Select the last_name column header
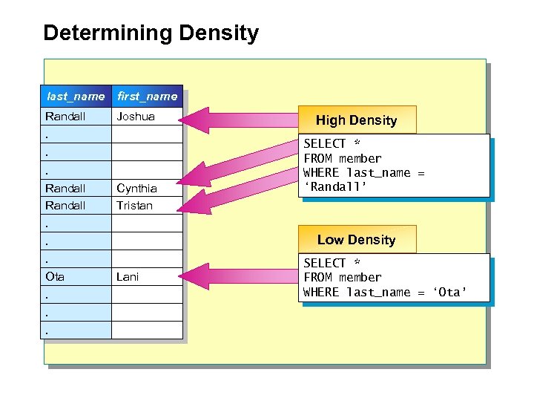pos(76,97)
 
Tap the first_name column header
pos(147,97)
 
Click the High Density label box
pos(356,120)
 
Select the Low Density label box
pos(356,240)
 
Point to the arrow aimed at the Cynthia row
pos(237,167)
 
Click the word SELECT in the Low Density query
pos(325,263)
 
